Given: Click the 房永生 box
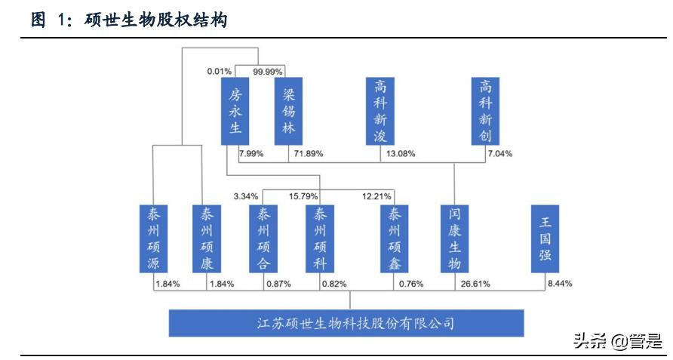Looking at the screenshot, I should pyautogui.click(x=235, y=110).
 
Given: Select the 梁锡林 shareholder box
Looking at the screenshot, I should pyautogui.click(x=288, y=110).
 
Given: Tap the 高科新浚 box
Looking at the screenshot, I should pyautogui.click(x=380, y=110).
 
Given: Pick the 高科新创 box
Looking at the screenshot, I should pyautogui.click(x=485, y=110).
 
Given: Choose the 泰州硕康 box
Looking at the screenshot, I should pyautogui.click(x=207, y=238).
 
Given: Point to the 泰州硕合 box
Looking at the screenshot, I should pyautogui.click(x=263, y=238).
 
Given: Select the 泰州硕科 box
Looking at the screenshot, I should pyautogui.click(x=321, y=238).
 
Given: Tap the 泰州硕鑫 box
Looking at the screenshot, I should pyautogui.click(x=394, y=238).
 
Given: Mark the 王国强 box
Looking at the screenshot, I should pyautogui.click(x=545, y=238).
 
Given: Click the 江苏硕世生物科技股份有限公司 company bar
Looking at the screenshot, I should pyautogui.click(x=346, y=324).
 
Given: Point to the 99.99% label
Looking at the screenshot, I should pyautogui.click(x=268, y=72).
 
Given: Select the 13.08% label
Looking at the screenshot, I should pyautogui.click(x=399, y=154).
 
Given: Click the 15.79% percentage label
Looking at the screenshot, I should pyautogui.click(x=304, y=197).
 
